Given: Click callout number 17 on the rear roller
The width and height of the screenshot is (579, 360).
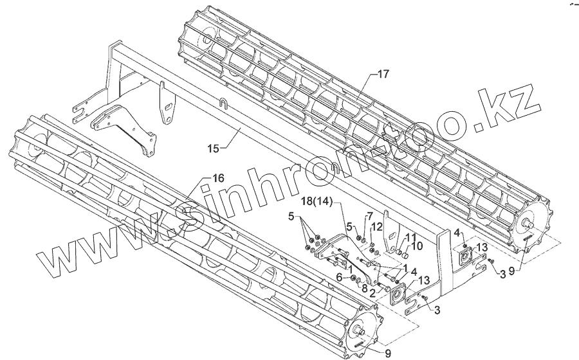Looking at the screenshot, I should click(x=383, y=75).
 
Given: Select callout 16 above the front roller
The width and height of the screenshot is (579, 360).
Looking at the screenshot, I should click(x=218, y=178).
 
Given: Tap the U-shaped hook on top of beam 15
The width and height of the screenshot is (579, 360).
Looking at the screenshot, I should click(x=223, y=104).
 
